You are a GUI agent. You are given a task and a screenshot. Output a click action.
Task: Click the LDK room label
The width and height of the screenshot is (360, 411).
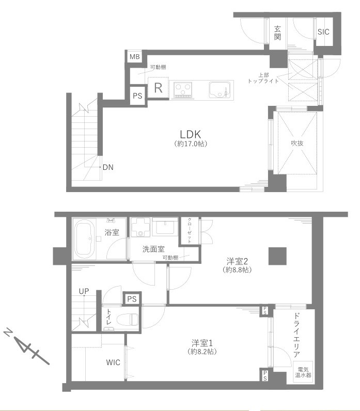tap(191, 134)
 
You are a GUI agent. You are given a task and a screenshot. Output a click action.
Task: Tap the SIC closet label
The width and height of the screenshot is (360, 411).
tap(323, 31)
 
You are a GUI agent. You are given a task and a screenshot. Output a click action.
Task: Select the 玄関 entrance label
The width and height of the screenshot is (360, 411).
tap(277, 33)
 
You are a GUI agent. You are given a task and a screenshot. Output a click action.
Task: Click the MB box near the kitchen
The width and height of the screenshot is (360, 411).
tap(135, 56)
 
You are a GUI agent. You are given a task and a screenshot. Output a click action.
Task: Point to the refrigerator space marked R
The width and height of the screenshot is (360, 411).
tap(158, 88)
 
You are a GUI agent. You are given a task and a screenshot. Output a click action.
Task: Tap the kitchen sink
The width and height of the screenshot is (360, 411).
tap(220, 90)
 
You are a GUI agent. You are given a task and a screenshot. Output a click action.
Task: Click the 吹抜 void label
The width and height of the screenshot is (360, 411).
tap(297, 143)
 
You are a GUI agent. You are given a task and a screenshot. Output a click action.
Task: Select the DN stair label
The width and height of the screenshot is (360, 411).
tap(108, 167)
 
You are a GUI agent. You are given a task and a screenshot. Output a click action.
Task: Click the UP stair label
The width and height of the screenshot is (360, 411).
tap(84, 291)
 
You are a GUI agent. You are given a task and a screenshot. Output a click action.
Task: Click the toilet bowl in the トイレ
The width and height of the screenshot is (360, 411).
tap(128, 320)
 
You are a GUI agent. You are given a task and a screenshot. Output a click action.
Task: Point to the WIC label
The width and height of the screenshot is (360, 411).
tap(113, 362)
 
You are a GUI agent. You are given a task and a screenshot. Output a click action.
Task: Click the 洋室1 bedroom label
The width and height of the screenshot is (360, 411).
tap(202, 343)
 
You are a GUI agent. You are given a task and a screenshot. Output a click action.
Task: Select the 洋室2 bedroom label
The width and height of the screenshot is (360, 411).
tap(237, 261)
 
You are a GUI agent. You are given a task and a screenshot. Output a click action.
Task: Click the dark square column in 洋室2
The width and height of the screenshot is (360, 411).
tap(277, 256)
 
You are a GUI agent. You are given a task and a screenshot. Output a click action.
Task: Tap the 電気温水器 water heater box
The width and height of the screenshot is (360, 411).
tap(303, 372)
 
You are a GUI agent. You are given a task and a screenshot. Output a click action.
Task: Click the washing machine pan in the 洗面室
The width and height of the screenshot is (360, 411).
tap(140, 227)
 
